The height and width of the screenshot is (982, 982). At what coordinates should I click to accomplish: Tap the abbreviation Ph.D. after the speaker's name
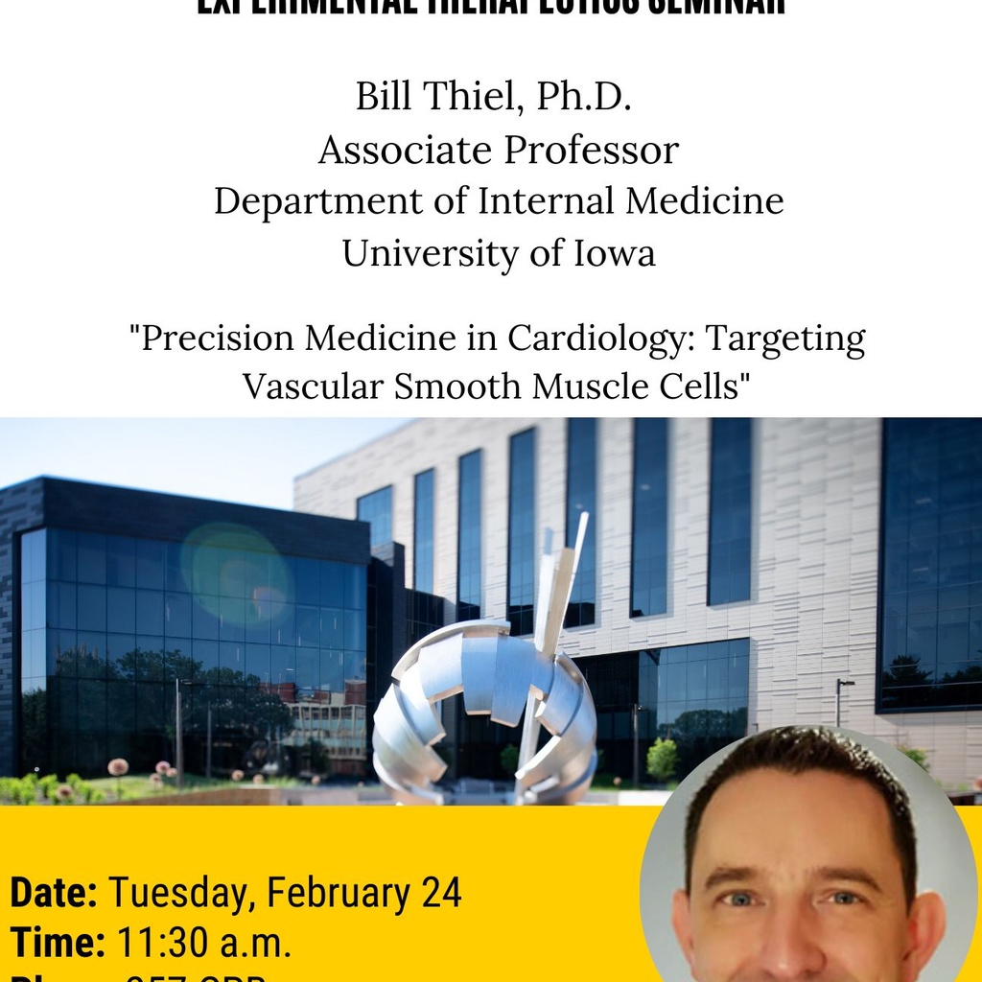tap(584, 98)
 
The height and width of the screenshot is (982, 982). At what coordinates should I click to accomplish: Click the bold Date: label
tap(54, 893)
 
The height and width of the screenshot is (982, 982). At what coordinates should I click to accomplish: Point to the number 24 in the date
tap(440, 893)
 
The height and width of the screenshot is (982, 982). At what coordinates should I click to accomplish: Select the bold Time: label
tap(58, 944)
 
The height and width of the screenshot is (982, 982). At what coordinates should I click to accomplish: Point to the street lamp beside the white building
tap(840, 700)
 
